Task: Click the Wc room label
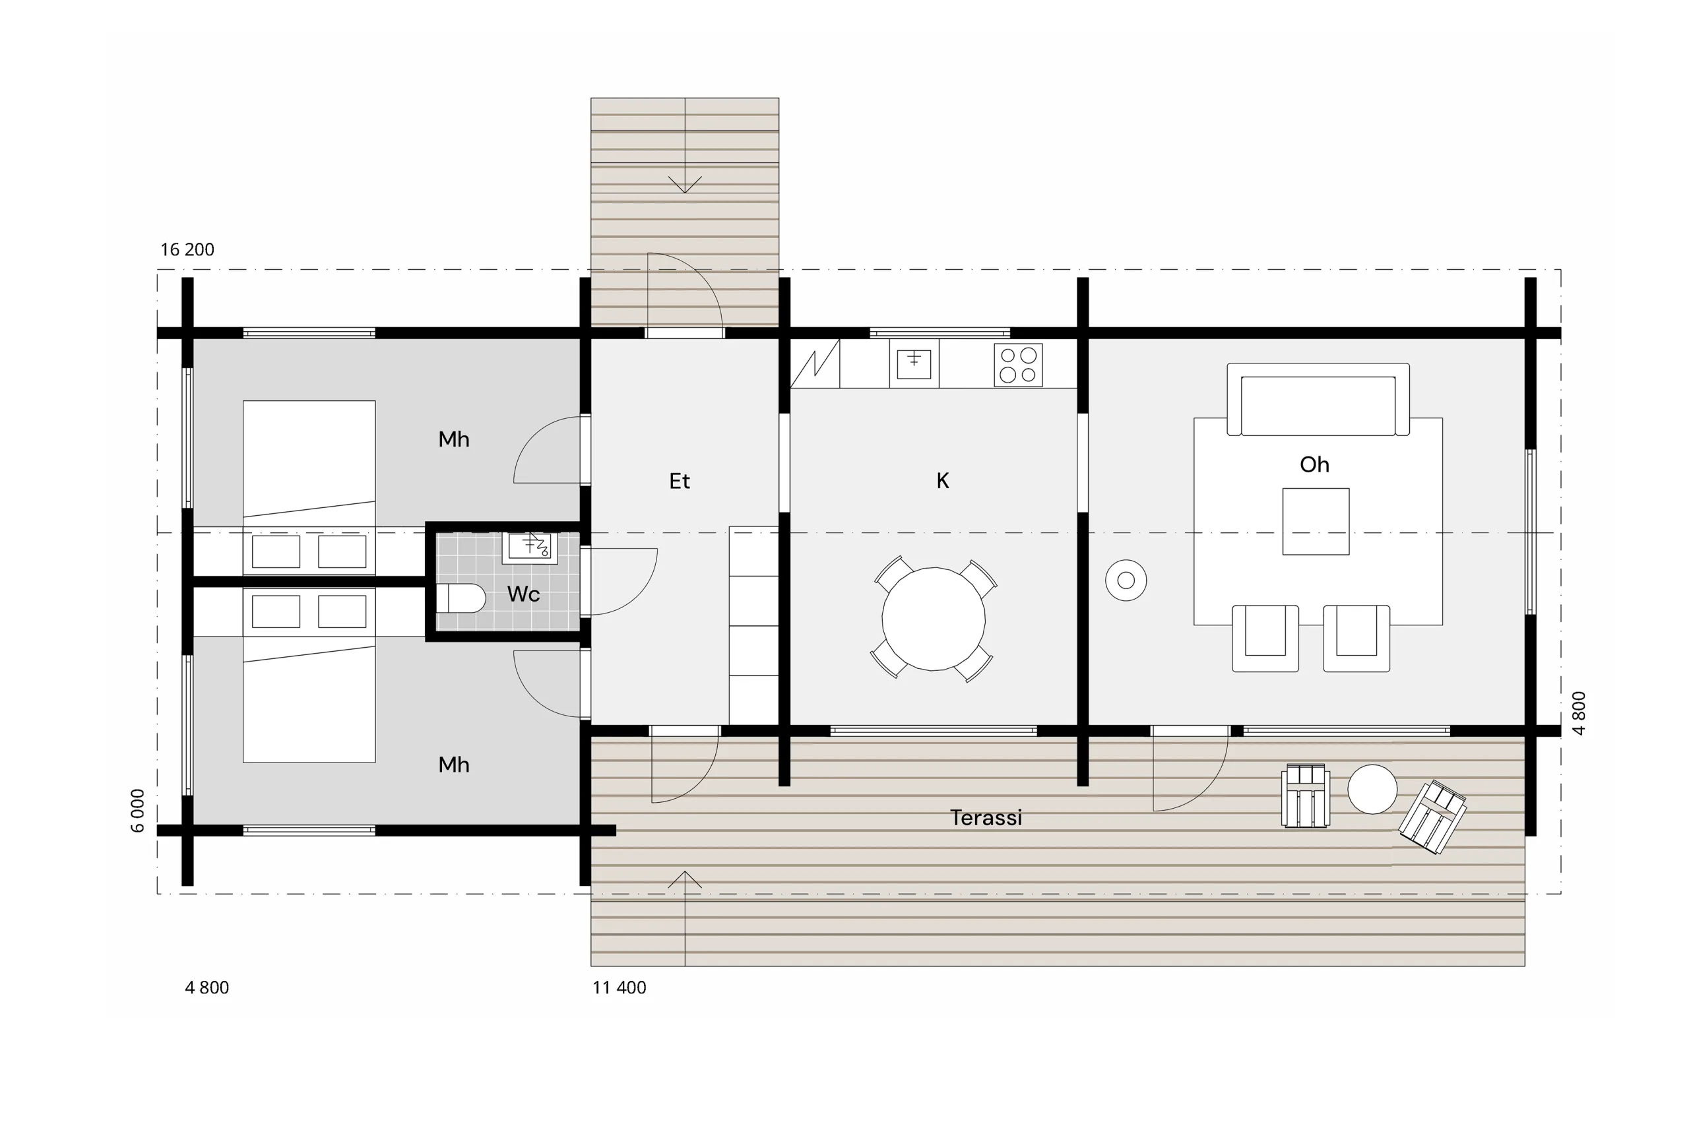click(523, 594)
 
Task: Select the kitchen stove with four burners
click(1018, 365)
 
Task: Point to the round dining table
click(934, 619)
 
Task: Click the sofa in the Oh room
click(1318, 399)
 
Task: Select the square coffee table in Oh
click(1316, 521)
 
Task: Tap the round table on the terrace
click(1372, 789)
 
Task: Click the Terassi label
click(985, 817)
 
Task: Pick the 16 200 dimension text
click(187, 249)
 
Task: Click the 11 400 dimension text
click(619, 987)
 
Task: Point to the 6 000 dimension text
click(138, 811)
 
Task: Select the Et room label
click(680, 480)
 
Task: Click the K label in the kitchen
click(943, 480)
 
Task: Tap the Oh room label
click(1314, 464)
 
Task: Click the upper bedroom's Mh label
click(454, 439)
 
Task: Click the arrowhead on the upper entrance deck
click(684, 185)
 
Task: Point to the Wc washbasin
click(530, 548)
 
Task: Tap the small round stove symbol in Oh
click(1126, 580)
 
